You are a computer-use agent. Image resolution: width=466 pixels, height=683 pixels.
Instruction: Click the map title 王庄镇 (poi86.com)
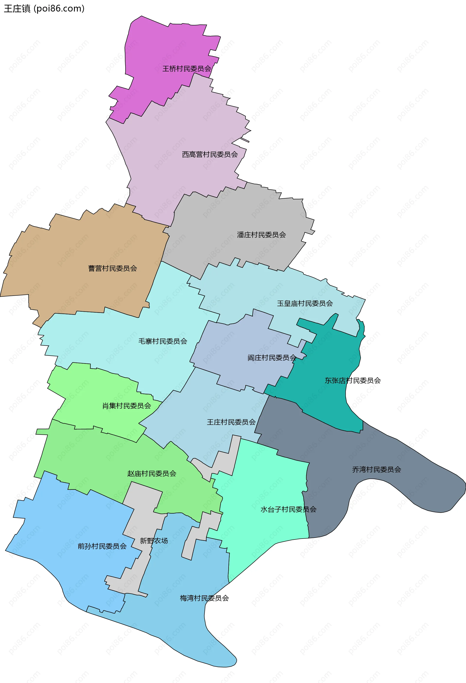pyautogui.click(x=44, y=8)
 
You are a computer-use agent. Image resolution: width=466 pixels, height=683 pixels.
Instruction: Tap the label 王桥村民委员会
pyautogui.click(x=187, y=69)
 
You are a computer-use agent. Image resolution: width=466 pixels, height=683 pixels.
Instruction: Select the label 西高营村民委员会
pyautogui.click(x=210, y=155)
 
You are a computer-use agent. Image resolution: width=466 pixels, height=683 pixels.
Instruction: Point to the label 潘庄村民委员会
pyautogui.click(x=261, y=235)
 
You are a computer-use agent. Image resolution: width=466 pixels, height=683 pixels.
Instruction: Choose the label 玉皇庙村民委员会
pyautogui.click(x=305, y=304)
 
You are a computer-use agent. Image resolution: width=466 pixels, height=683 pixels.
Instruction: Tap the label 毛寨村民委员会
pyautogui.click(x=163, y=341)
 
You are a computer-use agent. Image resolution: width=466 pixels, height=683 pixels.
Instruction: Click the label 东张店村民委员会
pyautogui.click(x=353, y=381)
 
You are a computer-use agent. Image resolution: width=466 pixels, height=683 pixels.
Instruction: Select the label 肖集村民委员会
pyautogui.click(x=127, y=406)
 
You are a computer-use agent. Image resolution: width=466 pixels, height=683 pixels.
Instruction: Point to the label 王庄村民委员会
pyautogui.click(x=231, y=422)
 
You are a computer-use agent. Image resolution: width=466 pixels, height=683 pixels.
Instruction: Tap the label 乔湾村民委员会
pyautogui.click(x=377, y=470)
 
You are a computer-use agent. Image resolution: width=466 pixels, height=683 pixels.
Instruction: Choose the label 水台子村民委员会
pyautogui.click(x=288, y=509)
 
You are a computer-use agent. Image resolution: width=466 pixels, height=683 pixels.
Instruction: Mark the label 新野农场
pyautogui.click(x=154, y=541)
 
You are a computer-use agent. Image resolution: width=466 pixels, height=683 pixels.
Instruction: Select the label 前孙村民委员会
pyautogui.click(x=102, y=546)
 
